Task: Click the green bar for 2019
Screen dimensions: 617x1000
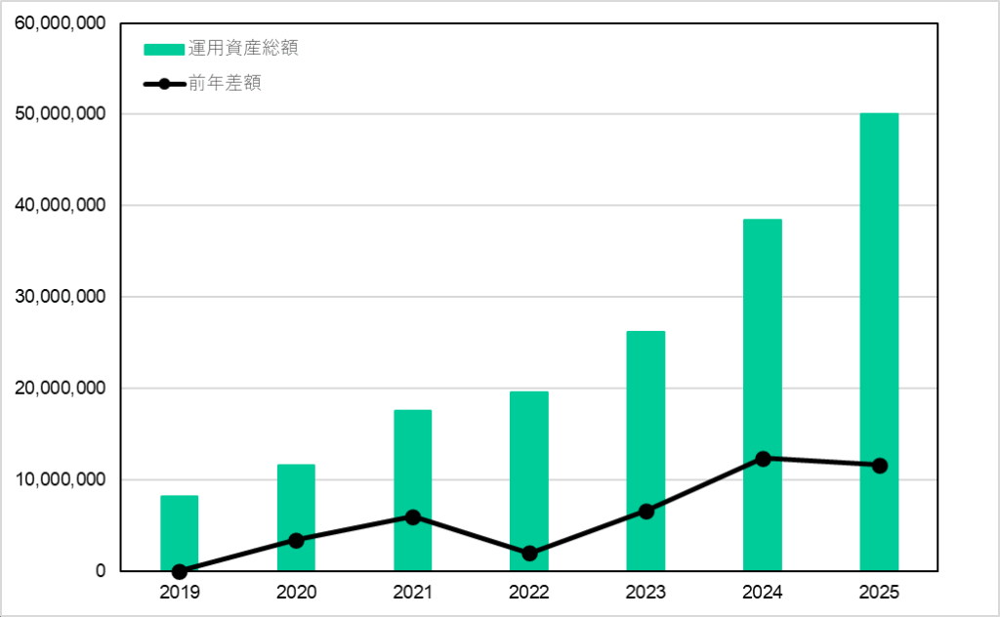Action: pos(179,532)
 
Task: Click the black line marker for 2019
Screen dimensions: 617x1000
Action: pos(179,571)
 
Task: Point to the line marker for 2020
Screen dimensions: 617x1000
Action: pos(296,540)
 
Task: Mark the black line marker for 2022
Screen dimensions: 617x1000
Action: pos(529,554)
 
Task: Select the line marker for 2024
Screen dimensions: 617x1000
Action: pos(763,458)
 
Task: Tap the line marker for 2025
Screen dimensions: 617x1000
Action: pos(879,466)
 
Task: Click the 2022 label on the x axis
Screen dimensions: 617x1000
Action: pos(529,592)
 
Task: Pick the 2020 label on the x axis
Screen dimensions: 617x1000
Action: pos(296,592)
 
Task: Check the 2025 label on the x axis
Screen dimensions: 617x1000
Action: pos(879,592)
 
